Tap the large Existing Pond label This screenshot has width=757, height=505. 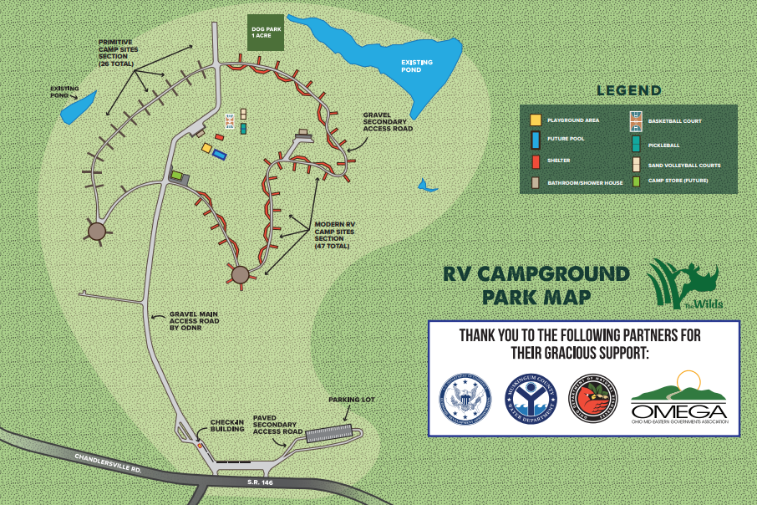point(418,66)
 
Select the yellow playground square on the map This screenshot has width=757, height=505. point(206,148)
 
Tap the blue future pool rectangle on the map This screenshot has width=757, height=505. point(220,155)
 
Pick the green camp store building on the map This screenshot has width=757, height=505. point(177,175)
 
